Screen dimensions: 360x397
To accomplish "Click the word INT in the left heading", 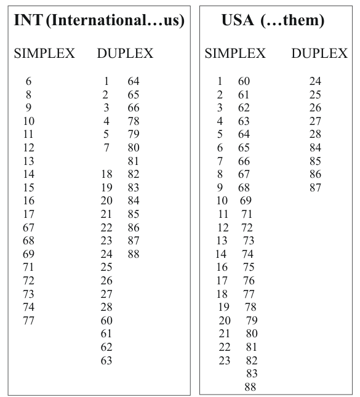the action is pos(26,20).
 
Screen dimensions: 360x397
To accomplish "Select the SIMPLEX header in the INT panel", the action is pos(44,54).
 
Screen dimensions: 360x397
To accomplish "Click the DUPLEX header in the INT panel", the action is pos(125,54).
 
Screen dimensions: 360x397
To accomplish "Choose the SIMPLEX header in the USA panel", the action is pos(235,54).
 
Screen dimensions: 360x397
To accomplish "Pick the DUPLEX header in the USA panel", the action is pos(319,54).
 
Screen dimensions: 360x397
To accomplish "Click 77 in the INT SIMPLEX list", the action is pos(28,321).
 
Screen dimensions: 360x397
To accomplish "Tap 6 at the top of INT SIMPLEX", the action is pos(28,81).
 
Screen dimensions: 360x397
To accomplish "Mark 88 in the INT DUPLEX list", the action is pos(134,254).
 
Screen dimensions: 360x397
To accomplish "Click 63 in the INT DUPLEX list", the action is pos(106,361).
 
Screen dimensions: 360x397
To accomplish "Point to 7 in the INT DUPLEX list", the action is pos(106,148).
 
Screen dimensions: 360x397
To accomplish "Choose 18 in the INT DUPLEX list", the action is pos(106,174).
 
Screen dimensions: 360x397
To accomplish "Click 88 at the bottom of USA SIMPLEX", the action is pos(250,387).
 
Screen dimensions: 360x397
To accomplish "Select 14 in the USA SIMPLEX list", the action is pos(220,254).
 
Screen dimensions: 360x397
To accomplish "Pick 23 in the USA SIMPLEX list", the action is pos(225,361).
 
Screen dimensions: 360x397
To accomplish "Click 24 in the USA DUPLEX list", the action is pos(315,81).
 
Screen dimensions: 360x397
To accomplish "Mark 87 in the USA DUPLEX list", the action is pos(315,187).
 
